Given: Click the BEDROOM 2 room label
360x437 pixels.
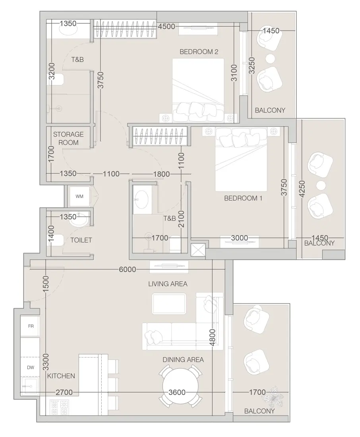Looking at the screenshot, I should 199,52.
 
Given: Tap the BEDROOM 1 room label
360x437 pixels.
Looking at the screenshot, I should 243,198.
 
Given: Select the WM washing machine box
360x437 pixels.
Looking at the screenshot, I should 79,196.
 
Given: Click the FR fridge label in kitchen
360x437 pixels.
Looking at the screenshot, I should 31,326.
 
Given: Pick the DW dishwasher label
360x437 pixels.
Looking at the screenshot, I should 31,367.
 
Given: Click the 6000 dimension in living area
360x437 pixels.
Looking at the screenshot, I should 127,269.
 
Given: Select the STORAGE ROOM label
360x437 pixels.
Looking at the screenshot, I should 68,138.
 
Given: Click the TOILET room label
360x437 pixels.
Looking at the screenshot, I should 81,240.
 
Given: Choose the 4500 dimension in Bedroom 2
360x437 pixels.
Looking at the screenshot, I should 166,27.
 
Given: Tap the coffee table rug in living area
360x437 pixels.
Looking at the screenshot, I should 169,304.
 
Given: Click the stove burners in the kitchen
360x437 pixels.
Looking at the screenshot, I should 59,406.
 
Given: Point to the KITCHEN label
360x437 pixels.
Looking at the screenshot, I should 61,376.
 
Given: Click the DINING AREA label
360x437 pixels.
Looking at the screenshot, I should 183,360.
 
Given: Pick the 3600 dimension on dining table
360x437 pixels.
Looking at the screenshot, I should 177,392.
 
